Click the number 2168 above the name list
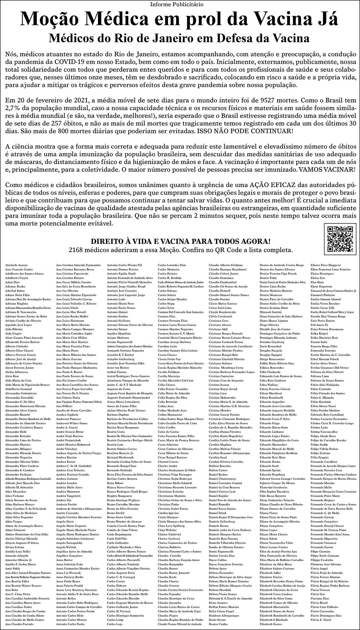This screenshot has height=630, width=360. (76, 250)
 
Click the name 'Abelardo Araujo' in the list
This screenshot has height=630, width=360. (16, 265)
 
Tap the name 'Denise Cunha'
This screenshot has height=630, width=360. (218, 624)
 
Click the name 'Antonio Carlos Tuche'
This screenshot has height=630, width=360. (70, 624)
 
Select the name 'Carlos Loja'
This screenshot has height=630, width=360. (115, 624)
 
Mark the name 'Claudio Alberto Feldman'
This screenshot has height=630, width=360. (226, 265)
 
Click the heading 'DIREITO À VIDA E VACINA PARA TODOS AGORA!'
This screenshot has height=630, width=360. (181, 241)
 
